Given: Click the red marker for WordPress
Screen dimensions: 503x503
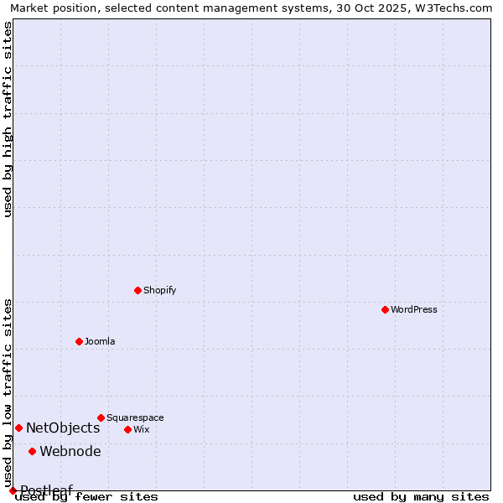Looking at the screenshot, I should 385,309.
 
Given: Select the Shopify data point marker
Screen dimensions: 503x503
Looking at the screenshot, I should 137,290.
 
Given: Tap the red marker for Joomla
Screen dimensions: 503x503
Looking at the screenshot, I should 79,341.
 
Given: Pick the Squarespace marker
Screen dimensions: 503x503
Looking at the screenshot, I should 101,417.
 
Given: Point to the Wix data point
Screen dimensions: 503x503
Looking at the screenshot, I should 127,429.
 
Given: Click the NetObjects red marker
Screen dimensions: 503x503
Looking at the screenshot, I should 18,428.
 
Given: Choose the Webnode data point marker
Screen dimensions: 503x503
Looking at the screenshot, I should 32,451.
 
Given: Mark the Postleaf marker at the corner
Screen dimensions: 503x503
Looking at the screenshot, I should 13,490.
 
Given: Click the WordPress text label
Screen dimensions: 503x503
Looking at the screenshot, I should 414,309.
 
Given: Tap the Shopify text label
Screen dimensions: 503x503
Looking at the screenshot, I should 159,290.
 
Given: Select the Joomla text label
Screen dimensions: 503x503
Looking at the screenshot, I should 100,341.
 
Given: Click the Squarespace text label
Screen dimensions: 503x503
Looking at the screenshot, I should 135,417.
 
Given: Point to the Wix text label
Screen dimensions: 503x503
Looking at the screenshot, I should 142,429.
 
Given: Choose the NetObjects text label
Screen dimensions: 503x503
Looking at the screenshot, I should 63,428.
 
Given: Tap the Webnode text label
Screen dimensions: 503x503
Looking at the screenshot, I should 70,451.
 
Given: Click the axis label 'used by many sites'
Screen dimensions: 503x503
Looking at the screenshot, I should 421,496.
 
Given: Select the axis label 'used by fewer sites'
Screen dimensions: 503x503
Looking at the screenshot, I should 86,496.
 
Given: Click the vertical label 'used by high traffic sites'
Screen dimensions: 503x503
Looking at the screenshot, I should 8,119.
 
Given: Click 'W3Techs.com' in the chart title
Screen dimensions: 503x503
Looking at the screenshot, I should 457,8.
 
